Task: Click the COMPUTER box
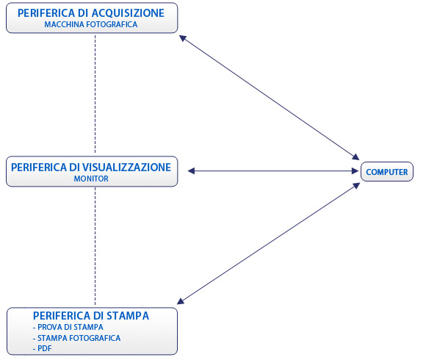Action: pyautogui.click(x=387, y=172)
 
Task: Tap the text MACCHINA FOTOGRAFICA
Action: pyautogui.click(x=91, y=24)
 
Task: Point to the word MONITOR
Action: pyautogui.click(x=91, y=179)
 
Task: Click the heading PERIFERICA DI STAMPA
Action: pyautogui.click(x=91, y=316)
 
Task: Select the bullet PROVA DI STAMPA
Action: pyautogui.click(x=68, y=327)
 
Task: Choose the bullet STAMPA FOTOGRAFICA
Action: pyautogui.click(x=76, y=338)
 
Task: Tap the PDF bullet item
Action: pyautogui.click(x=42, y=348)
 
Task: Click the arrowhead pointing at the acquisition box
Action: pyautogui.click(x=183, y=38)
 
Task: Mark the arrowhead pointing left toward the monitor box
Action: pyautogui.click(x=191, y=171)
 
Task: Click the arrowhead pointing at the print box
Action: pyautogui.click(x=181, y=301)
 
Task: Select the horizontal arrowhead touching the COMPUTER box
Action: pyautogui.click(x=355, y=171)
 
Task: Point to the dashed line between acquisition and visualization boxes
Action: pyautogui.click(x=95, y=94)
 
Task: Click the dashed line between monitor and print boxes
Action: pyautogui.click(x=95, y=246)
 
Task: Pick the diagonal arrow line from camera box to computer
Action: pyautogui.click(x=270, y=98)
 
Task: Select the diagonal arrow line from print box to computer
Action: pyautogui.click(x=268, y=244)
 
